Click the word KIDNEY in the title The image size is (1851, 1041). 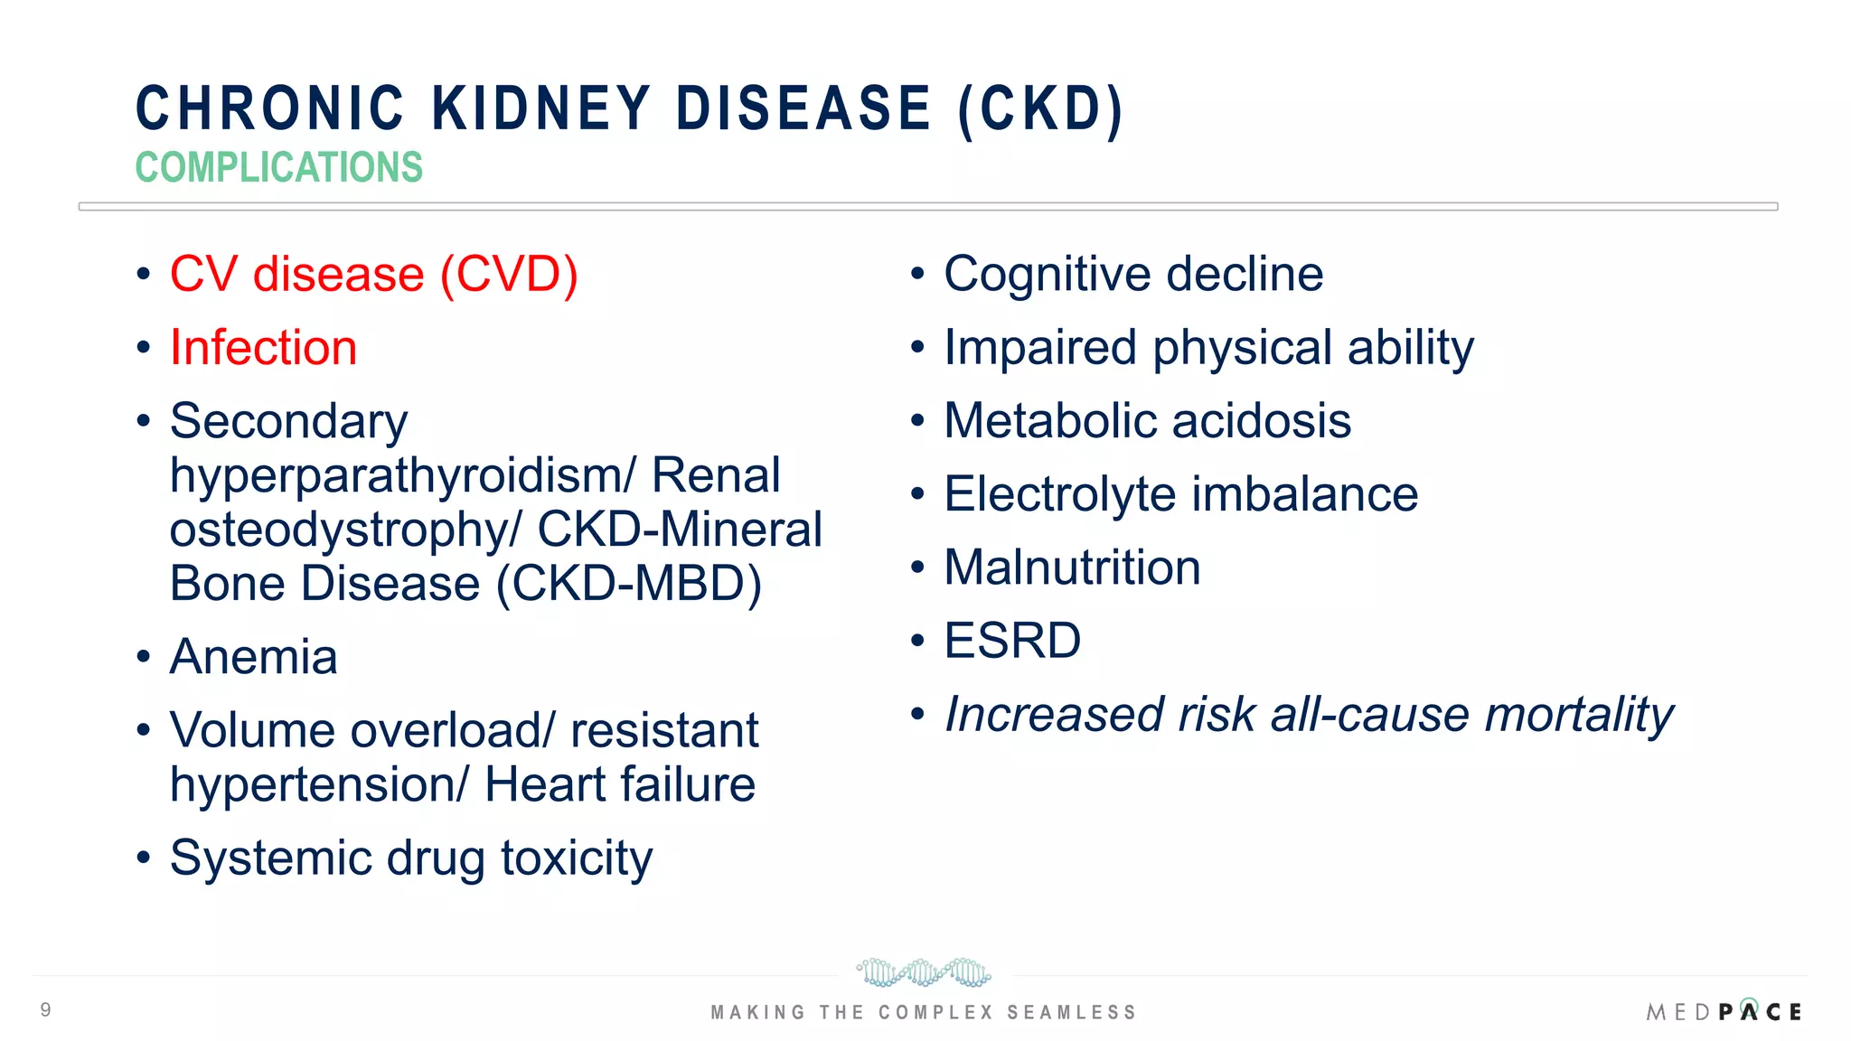540,108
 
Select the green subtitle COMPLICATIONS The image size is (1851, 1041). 278,168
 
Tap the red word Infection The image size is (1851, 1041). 263,348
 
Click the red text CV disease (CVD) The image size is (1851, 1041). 373,275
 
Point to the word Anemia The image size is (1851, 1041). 253,657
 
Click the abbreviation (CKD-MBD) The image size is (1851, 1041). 629,584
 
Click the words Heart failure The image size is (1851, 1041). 619,784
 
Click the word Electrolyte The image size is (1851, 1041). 1060,495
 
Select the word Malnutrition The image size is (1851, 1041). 1072,568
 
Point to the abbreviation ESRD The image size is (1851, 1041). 1012,642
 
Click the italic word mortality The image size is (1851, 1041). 1578,716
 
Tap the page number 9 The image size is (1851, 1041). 46,1009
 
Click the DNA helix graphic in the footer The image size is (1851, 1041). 923,972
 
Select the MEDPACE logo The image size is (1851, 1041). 1724,1011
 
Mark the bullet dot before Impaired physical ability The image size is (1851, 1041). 917,348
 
